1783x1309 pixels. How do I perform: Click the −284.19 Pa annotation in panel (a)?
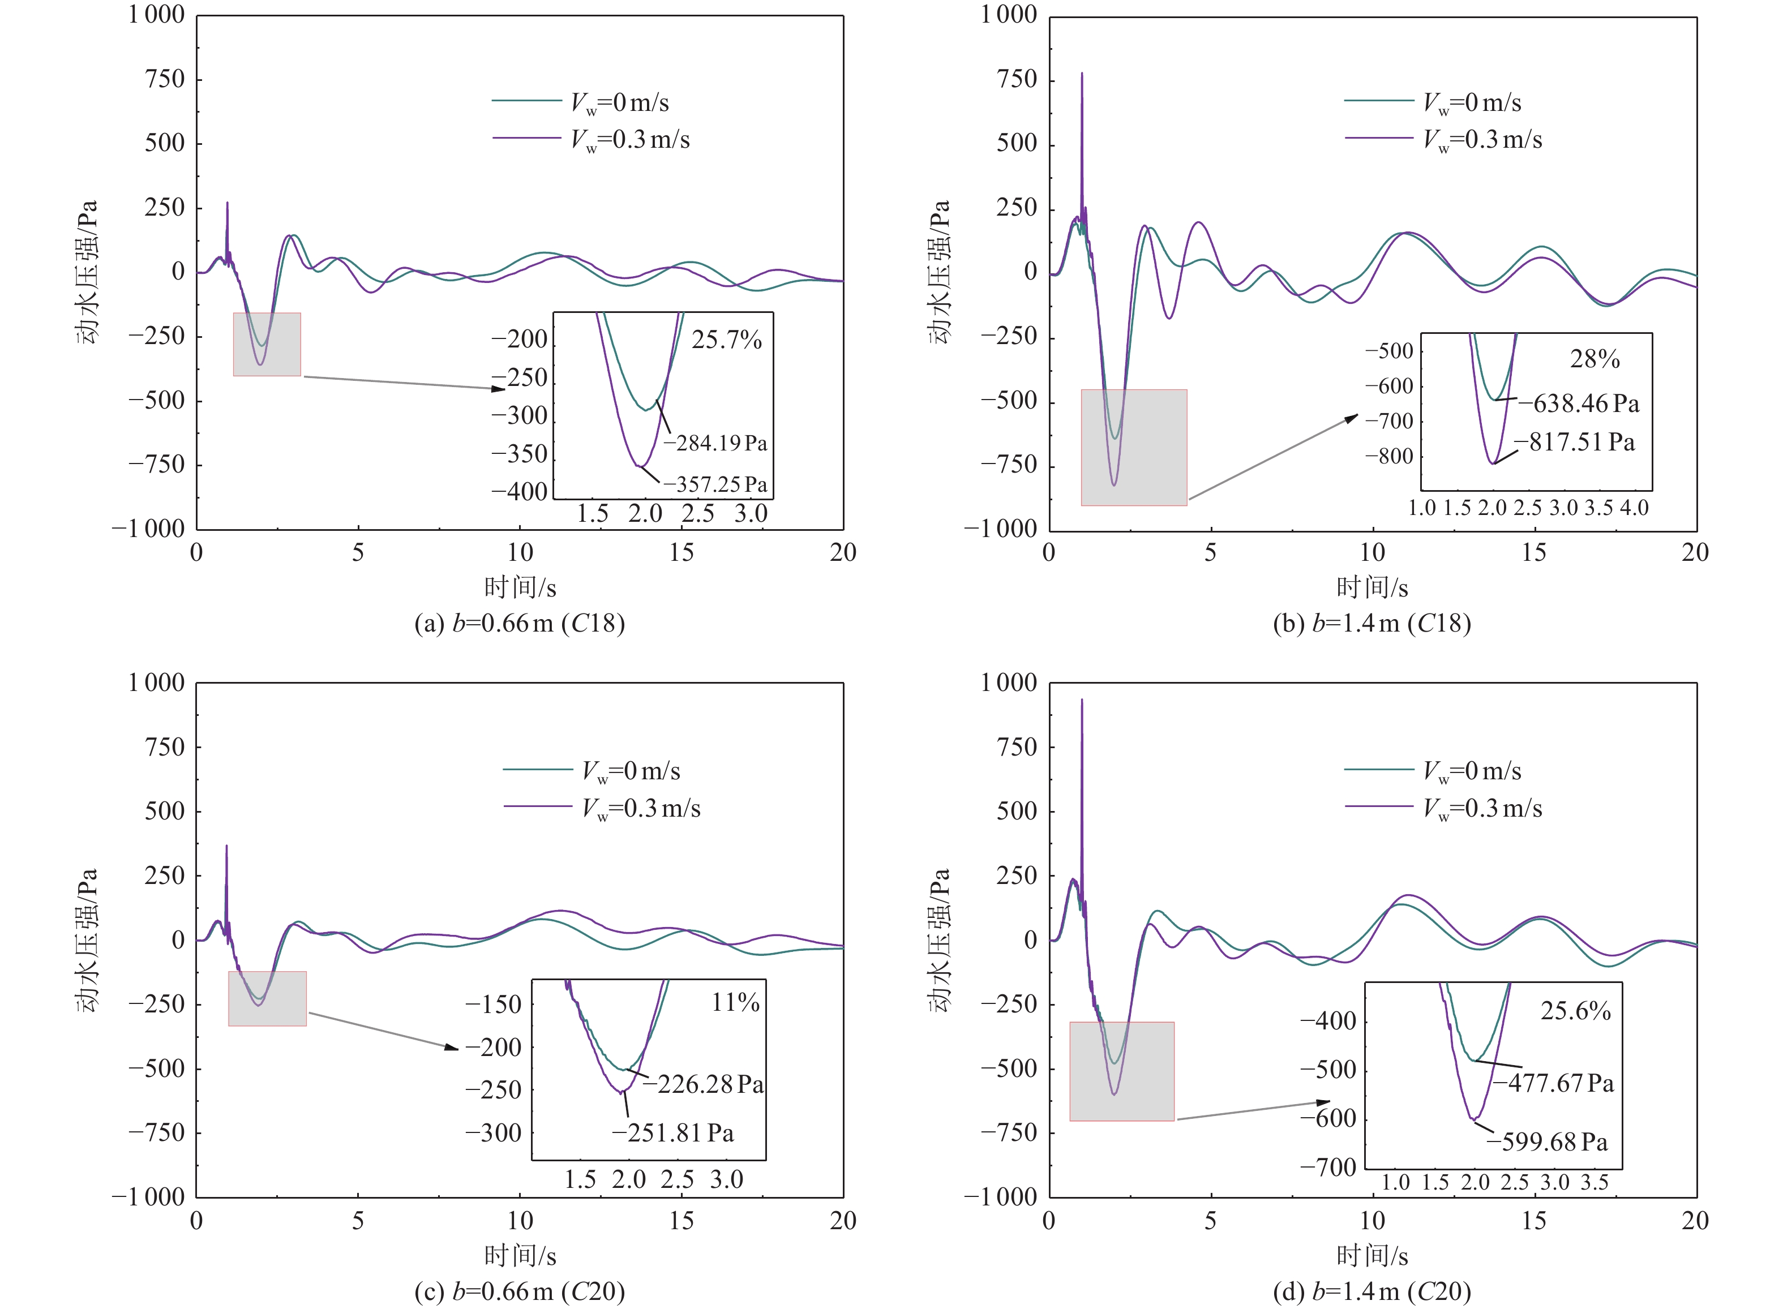[x=715, y=443]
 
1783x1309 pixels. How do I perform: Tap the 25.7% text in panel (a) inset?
[x=726, y=341]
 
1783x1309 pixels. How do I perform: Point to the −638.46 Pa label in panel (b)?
[x=1579, y=404]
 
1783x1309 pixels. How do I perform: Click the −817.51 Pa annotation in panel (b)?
[x=1575, y=442]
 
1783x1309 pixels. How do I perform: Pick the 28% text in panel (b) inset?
[x=1595, y=360]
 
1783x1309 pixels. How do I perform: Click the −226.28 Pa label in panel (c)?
[x=703, y=1084]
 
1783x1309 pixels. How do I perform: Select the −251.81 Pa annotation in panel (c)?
[x=673, y=1133]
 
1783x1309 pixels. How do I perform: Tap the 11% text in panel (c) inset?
[x=735, y=1003]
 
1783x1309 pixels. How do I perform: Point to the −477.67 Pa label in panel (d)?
[x=1553, y=1083]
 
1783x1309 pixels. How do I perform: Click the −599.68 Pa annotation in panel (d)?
[x=1547, y=1142]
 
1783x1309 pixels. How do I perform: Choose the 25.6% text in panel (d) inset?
[x=1575, y=1011]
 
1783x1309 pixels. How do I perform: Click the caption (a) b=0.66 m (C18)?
[x=520, y=624]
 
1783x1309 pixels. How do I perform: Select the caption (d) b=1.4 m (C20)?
[x=1371, y=1291]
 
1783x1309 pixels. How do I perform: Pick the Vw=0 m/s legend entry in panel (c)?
[x=631, y=771]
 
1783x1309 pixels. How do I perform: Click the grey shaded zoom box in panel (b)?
[x=1134, y=448]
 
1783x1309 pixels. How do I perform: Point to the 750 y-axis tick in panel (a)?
[x=165, y=79]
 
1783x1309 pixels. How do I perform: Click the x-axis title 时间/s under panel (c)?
[x=520, y=1255]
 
